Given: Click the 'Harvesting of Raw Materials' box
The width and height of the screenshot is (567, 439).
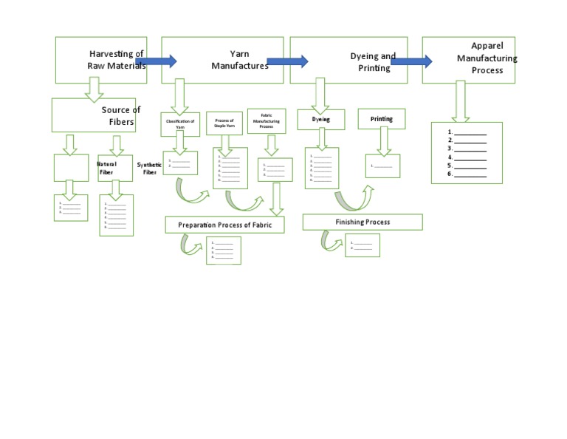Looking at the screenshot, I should coord(101,60).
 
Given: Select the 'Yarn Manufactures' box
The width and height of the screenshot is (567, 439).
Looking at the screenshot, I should coord(222,60).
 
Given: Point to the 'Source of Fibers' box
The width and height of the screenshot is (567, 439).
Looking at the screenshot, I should coord(94,115).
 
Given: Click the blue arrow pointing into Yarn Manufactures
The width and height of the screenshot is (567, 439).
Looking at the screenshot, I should coord(156,61).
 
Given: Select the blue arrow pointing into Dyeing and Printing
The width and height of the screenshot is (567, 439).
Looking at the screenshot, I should coord(286,61).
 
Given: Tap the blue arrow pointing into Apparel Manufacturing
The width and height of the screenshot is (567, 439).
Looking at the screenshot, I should coord(411,61).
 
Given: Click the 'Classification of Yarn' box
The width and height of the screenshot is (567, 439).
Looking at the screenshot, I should coord(179,123).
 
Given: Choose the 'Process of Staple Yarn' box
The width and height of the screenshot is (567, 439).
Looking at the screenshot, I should coord(224,123).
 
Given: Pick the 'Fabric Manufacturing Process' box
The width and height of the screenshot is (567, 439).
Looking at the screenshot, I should coord(266,120).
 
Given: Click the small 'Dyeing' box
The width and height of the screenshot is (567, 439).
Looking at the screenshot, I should coord(321,118).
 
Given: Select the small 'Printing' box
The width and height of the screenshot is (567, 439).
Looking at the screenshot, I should coord(382,118).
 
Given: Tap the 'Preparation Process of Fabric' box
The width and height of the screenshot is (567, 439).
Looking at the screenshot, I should coord(224,225).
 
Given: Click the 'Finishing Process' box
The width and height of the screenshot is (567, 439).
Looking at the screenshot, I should coord(362,222).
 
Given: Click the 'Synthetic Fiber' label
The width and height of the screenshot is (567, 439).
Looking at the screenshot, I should coord(149,168).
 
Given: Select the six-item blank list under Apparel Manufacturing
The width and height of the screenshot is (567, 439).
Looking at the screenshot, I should coord(467,153).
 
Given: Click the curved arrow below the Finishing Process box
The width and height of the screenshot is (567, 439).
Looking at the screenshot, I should coord(332,242).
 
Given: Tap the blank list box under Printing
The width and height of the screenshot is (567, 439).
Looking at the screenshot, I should coord(382,166).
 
